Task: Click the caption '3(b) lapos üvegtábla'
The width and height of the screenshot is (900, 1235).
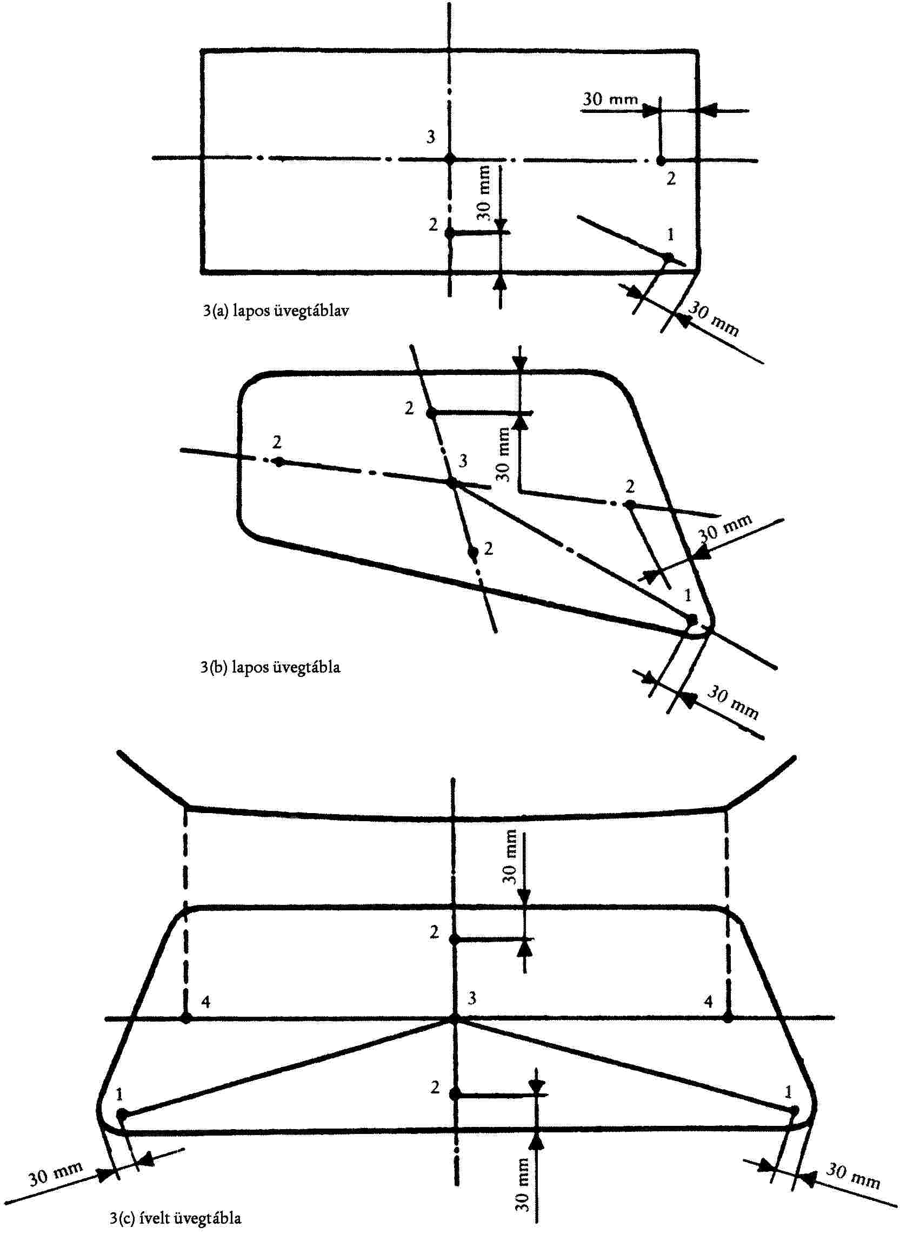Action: [270, 667]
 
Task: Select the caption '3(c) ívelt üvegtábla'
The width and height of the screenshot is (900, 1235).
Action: [176, 1218]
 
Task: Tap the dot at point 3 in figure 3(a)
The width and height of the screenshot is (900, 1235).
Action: [449, 159]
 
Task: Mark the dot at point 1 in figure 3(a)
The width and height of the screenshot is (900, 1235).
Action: [668, 257]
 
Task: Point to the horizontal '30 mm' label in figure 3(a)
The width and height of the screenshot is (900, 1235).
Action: [610, 99]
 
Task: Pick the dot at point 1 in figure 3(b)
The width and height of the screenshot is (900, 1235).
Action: [692, 620]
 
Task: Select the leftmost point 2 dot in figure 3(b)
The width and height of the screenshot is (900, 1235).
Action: [279, 462]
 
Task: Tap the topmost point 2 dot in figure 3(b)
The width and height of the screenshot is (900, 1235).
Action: [430, 414]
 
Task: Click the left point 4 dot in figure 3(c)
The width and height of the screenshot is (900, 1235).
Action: [186, 1018]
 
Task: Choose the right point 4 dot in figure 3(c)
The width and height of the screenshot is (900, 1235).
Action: [728, 1018]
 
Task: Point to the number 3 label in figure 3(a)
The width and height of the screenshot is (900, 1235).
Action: [431, 137]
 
